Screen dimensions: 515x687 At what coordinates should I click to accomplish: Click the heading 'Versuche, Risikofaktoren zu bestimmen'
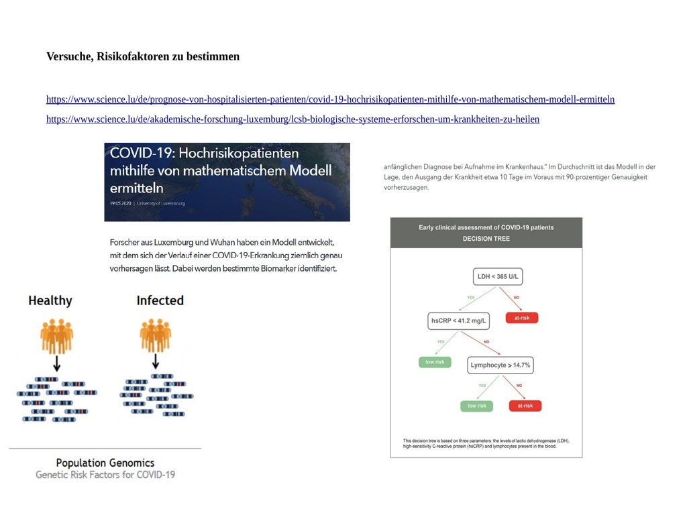point(142,56)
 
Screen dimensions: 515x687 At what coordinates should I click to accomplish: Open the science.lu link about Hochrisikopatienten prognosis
point(330,99)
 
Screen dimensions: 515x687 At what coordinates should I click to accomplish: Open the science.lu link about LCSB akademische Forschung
point(293,119)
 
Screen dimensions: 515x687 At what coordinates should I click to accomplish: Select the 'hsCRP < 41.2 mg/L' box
point(460,321)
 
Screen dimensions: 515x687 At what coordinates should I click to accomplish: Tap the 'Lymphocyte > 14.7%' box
point(500,365)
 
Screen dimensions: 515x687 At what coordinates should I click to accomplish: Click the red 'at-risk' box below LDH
point(522,318)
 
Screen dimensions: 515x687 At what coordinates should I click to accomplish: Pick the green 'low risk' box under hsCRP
point(435,362)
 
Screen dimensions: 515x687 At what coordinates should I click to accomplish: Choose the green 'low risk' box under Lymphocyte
point(477,406)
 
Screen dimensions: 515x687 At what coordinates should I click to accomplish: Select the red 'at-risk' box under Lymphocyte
point(525,406)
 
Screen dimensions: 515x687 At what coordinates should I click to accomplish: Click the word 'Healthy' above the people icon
point(50,300)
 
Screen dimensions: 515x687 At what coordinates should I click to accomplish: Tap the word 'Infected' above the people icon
point(160,300)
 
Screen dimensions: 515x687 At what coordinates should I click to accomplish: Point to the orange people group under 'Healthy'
point(56,335)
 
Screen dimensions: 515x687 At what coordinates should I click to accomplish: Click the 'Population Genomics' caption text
point(105,463)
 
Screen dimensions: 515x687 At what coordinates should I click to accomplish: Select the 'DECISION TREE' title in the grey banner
point(486,239)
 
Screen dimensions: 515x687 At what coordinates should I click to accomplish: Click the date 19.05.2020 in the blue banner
point(119,203)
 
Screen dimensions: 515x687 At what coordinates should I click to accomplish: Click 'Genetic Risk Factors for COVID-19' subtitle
point(105,475)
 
